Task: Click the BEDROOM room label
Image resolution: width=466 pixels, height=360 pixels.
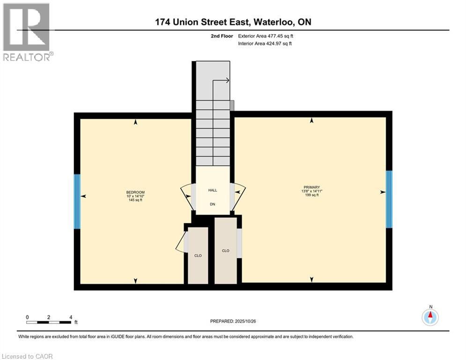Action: coord(135,192)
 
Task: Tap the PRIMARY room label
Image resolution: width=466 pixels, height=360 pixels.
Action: coord(311,187)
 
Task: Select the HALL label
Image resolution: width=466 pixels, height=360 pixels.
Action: coord(213,190)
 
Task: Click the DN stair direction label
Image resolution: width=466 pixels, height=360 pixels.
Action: coord(213,204)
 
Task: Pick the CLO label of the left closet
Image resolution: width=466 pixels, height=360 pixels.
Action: coord(198,255)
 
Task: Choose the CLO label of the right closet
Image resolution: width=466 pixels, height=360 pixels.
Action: coord(226,251)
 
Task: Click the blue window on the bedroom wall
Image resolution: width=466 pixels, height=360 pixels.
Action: coord(77,201)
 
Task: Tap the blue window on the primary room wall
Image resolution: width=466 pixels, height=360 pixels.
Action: coord(389,199)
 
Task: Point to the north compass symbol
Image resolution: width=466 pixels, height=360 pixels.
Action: coord(429,317)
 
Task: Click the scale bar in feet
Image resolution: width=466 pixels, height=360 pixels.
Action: coord(49,322)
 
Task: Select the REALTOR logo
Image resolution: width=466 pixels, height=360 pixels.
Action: coord(28,32)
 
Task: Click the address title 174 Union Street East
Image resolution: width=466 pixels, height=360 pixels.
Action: coord(233,22)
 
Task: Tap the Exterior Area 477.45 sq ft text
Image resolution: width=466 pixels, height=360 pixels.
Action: coord(266,36)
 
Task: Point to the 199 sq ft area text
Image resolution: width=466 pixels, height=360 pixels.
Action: coord(311,195)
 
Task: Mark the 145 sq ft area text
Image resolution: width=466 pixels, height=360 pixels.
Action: coord(135,200)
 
